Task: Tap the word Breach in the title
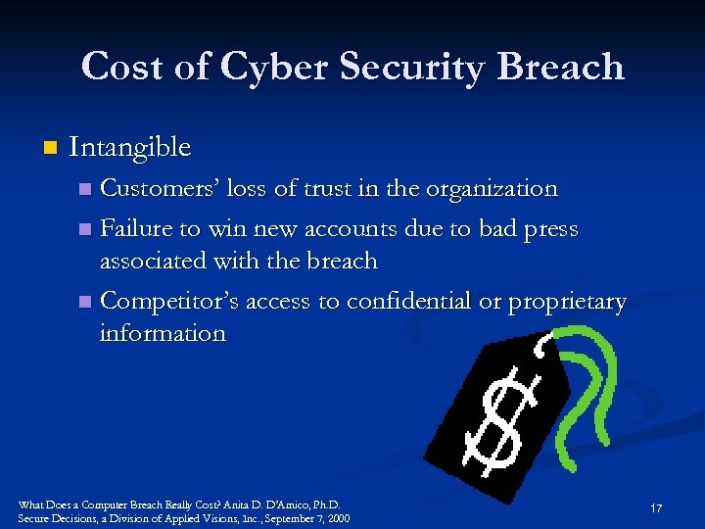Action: pos(561,67)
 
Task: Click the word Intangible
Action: pos(130,147)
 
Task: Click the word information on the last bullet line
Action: pos(163,333)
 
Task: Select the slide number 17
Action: pos(656,508)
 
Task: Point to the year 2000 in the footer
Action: pos(337,518)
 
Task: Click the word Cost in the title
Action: pos(123,67)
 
